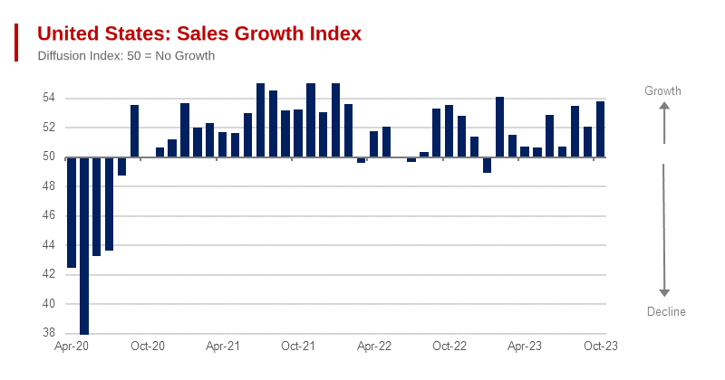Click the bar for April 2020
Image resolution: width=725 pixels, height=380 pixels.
[72, 213]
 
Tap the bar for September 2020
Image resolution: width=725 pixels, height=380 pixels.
[135, 131]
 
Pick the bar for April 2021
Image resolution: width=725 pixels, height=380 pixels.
[223, 145]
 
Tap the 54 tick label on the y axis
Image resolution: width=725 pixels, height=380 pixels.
[49, 98]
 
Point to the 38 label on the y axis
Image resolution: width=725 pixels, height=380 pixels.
[49, 333]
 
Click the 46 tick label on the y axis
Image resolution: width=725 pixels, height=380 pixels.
[49, 215]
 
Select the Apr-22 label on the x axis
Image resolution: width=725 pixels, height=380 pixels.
[373, 347]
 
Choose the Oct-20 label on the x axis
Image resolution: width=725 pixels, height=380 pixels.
[147, 347]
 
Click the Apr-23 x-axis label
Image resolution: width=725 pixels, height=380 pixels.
[525, 347]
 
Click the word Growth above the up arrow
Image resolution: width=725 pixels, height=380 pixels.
[662, 90]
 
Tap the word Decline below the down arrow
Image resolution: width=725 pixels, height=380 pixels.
[666, 312]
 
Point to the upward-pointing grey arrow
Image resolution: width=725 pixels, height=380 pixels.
[664, 122]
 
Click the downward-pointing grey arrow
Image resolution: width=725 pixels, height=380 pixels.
[664, 231]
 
